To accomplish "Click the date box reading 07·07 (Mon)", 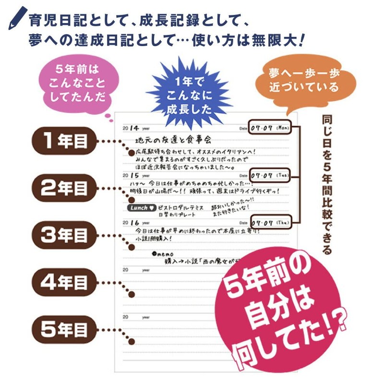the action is point(270,128).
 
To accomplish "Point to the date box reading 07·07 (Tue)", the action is point(270,176).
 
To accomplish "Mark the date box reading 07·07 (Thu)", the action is point(270,223).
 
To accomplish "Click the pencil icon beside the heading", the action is point(18,18).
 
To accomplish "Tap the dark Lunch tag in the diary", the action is point(142,208).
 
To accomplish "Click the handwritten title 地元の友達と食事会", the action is point(173,140).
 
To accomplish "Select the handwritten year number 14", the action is point(135,128).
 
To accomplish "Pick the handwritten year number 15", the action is point(135,176).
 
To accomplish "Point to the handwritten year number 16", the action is point(135,223).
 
